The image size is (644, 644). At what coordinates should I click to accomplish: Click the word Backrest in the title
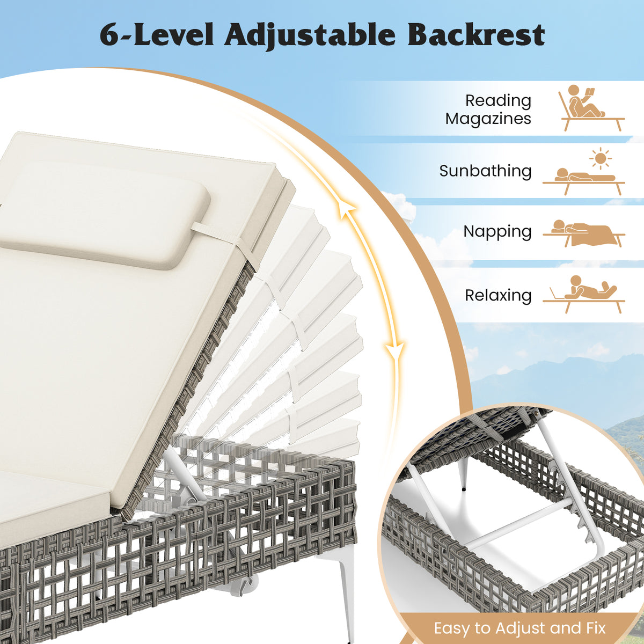click(x=476, y=35)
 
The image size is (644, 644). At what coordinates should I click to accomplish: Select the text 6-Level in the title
click(x=156, y=35)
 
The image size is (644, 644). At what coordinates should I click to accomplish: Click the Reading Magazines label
click(x=488, y=109)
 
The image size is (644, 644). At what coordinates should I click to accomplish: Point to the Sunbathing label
click(x=485, y=171)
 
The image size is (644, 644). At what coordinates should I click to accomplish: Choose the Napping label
click(x=497, y=232)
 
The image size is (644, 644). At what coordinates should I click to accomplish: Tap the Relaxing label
click(x=498, y=295)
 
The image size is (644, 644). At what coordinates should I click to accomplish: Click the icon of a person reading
click(x=591, y=108)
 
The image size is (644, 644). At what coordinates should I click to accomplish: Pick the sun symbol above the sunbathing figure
click(x=601, y=158)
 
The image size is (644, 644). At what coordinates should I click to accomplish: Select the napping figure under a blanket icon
click(x=584, y=233)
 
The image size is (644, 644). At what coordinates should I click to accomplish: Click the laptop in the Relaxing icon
click(x=557, y=293)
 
